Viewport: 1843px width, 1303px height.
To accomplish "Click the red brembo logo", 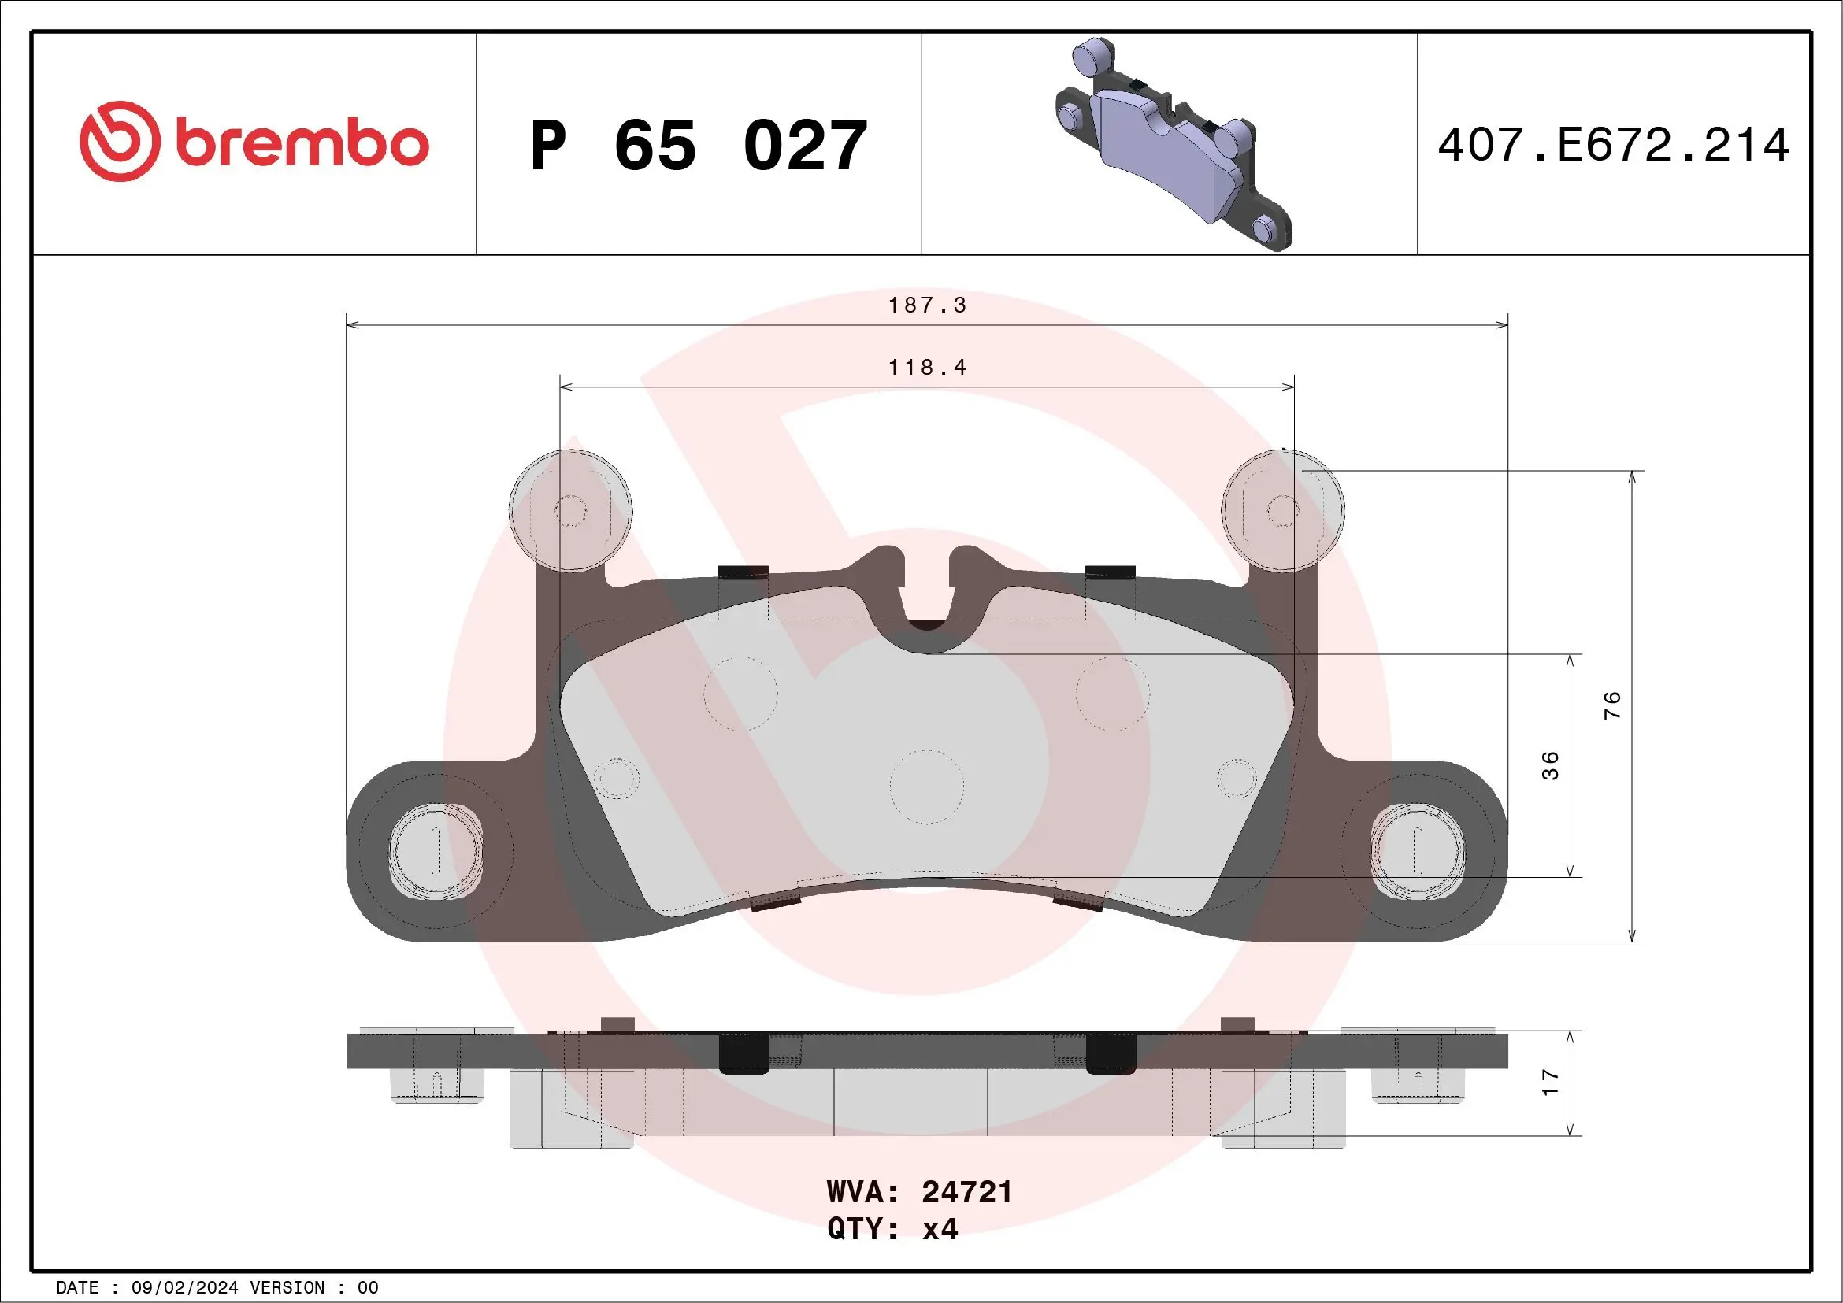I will point(254,142).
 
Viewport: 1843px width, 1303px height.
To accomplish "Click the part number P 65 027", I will point(699,146).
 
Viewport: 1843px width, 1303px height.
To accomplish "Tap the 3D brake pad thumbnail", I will point(1173,144).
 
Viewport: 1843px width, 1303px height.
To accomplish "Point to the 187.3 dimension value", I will point(927,305).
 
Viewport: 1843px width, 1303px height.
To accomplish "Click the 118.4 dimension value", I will point(927,368).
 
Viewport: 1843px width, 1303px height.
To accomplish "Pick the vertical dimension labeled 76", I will point(1611,705).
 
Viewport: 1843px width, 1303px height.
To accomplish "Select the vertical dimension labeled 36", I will point(1550,765).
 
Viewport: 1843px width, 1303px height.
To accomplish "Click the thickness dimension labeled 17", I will point(1550,1083).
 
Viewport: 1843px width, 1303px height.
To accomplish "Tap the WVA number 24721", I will point(966,1192).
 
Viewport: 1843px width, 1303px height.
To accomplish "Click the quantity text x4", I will point(940,1229).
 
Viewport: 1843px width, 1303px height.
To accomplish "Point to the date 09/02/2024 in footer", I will point(184,1288).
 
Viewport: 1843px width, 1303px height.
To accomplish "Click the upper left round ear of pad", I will point(570,510).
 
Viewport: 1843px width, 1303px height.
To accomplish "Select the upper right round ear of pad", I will point(1282,510).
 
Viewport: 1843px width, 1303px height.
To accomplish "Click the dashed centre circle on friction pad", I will point(926,787).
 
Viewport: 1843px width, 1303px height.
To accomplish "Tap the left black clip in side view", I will point(744,1053).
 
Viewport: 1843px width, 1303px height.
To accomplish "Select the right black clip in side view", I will point(1111,1053).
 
